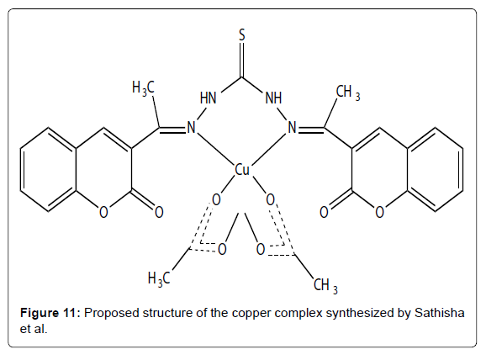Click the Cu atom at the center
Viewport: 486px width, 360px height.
(242, 170)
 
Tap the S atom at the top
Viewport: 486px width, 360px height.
(242, 35)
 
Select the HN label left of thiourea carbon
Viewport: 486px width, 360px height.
(208, 98)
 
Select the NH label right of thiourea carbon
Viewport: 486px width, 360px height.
(273, 98)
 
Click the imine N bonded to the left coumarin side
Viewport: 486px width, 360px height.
(192, 128)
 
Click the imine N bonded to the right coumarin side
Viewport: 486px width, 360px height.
(292, 128)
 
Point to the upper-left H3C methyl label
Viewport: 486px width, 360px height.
(143, 87)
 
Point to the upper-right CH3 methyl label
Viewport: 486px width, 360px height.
(348, 93)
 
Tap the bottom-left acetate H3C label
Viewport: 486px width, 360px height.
(159, 278)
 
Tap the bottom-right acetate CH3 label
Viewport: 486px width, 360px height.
(325, 286)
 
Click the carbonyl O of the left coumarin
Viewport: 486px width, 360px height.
(159, 213)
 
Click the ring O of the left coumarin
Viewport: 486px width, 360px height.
(103, 213)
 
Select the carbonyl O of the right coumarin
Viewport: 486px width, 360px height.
(324, 213)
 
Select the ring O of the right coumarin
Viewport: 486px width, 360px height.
(379, 213)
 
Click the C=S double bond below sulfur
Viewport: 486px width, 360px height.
(242, 60)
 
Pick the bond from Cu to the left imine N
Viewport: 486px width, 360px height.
(215, 149)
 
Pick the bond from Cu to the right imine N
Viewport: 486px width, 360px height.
(268, 149)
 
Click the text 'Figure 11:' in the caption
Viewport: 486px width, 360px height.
(50, 313)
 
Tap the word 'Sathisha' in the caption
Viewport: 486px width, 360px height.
(440, 313)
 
